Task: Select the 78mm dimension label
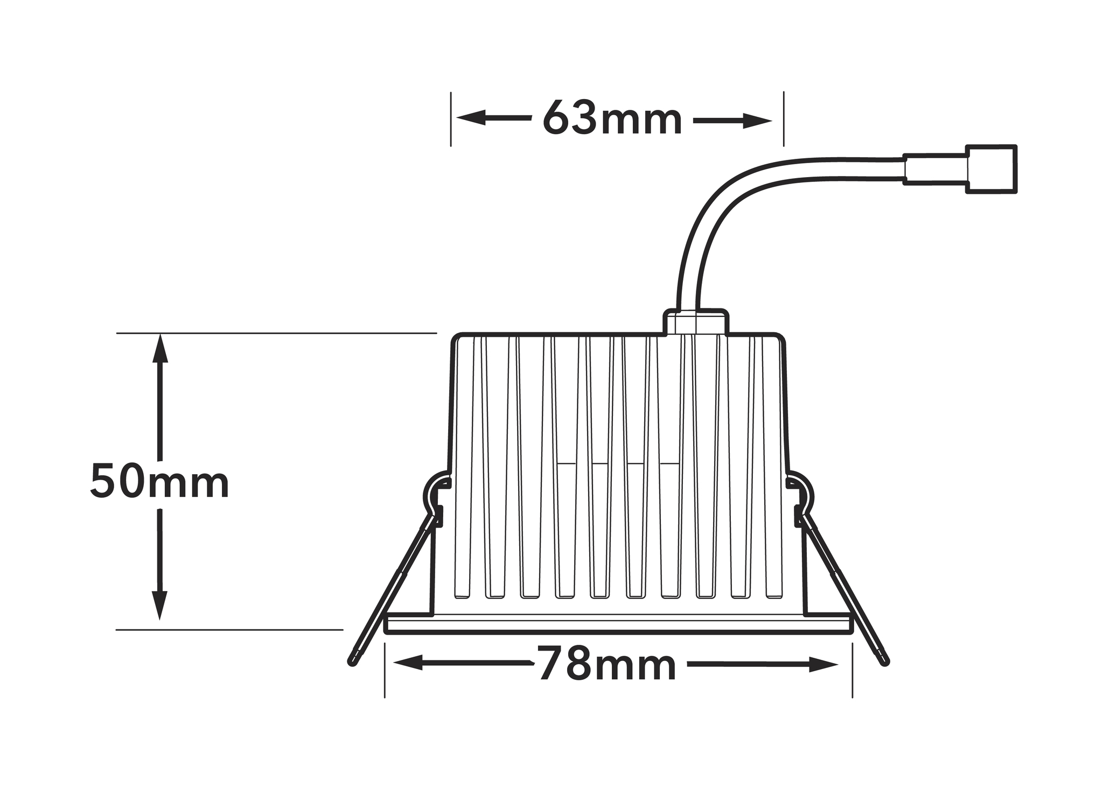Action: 606,664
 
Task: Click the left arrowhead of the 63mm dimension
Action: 471,118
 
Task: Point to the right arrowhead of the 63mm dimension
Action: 757,121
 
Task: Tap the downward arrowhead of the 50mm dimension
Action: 159,606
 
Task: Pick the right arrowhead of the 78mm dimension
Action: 823,665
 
